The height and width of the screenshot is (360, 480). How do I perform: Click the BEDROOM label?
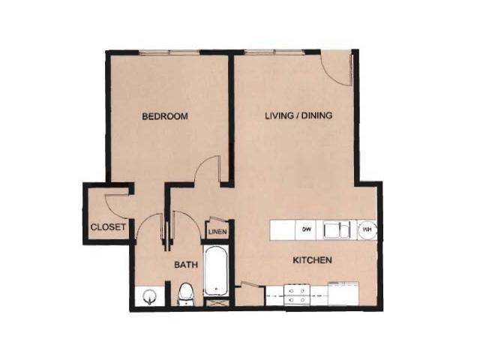(x=165, y=116)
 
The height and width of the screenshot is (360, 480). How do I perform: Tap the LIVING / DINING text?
(x=298, y=115)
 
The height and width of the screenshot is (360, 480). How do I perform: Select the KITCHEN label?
(x=313, y=260)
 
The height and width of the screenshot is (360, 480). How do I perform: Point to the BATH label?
(x=186, y=265)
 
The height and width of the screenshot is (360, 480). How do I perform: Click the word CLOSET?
(x=108, y=227)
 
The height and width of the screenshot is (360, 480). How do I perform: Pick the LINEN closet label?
(x=217, y=232)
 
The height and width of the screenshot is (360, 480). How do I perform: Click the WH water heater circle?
(x=367, y=229)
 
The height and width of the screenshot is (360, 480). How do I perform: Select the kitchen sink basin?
(x=337, y=229)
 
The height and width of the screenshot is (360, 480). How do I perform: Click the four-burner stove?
(x=297, y=295)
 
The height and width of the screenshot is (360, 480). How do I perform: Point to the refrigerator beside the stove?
(x=343, y=294)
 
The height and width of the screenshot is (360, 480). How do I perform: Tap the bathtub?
(x=216, y=271)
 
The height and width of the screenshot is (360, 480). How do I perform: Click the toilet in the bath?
(x=185, y=294)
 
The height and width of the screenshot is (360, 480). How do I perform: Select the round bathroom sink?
(x=150, y=296)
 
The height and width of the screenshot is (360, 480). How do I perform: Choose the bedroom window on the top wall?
(x=169, y=52)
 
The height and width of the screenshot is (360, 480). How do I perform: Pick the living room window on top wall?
(x=275, y=52)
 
